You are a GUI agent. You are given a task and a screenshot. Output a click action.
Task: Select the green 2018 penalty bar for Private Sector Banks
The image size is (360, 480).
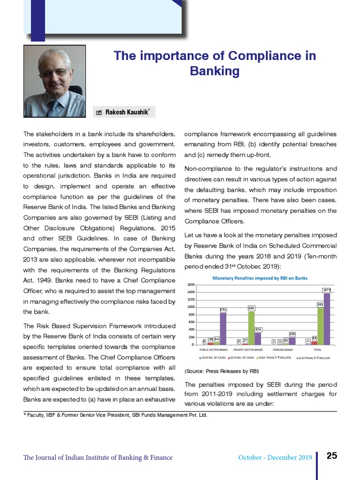tap(251, 328)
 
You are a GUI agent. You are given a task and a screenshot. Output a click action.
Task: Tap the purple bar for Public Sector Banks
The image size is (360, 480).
tap(223, 329)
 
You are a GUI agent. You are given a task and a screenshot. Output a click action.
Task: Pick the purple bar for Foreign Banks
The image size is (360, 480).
tap(292, 341)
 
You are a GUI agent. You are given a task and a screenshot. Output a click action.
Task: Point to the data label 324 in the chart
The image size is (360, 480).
tap(258, 330)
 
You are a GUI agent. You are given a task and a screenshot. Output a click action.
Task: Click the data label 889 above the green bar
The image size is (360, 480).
tap(251, 308)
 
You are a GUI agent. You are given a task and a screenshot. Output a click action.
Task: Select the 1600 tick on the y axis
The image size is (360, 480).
tap(191, 285)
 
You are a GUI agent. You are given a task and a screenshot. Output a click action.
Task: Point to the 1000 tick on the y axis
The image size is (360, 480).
tap(191, 307)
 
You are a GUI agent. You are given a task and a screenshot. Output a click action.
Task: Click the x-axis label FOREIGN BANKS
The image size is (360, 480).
tap(283, 350)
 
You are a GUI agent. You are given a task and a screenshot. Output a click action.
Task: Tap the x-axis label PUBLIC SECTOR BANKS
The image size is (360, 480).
tap(214, 350)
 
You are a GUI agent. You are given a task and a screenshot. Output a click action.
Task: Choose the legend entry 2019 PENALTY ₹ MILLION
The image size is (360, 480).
tap(315, 358)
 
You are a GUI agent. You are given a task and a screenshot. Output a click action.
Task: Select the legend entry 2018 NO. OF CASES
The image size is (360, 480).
tap(213, 358)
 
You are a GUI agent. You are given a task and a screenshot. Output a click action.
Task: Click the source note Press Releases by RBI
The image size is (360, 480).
tap(222, 371)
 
